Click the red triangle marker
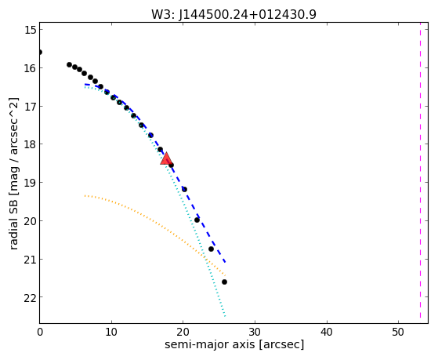tap(166, 159)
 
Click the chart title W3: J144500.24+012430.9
tap(233, 15)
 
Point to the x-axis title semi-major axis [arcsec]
tap(234, 344)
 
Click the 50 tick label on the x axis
tap(398, 332)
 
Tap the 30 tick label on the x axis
tap(255, 332)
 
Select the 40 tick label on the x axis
tap(327, 332)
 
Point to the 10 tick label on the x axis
tap(111, 332)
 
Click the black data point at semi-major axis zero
tap(40, 52)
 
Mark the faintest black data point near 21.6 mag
tap(224, 282)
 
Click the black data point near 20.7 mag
tap(212, 249)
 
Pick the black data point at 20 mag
tap(197, 220)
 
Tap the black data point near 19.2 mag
tap(184, 189)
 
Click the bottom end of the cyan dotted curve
tap(225, 316)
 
